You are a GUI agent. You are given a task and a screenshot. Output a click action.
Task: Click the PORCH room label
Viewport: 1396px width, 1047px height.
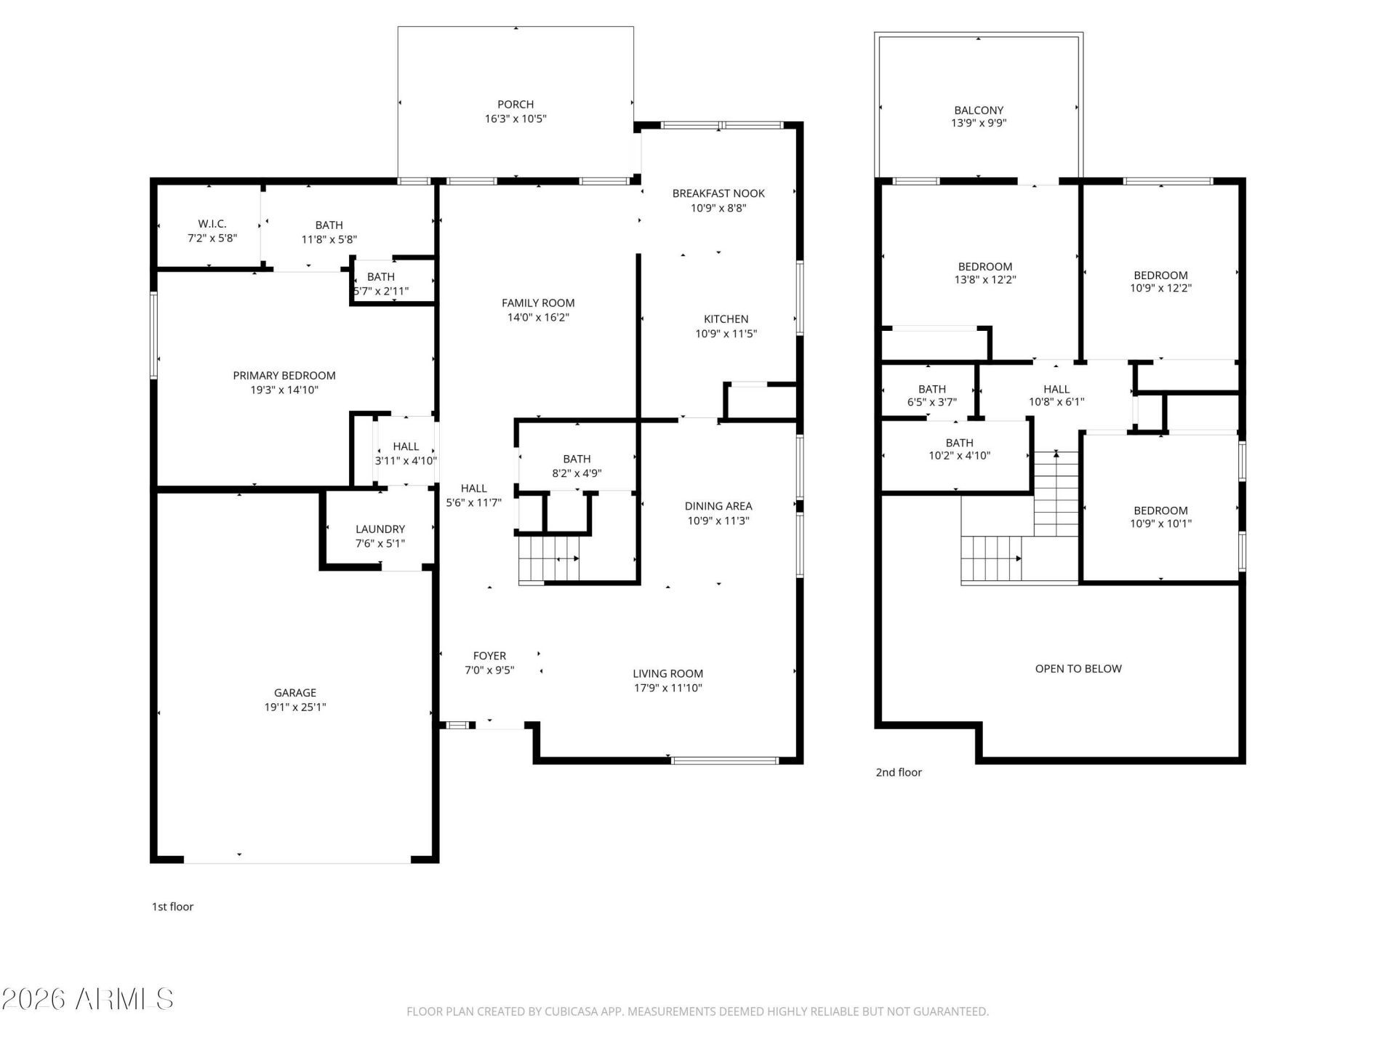coord(516,104)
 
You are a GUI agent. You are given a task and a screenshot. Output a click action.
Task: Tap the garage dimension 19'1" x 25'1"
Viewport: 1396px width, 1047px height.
coord(295,707)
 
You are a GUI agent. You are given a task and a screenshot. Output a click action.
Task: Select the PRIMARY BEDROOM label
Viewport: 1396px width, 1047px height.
coord(284,375)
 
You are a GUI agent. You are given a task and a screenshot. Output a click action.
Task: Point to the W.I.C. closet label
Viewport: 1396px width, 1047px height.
coord(212,224)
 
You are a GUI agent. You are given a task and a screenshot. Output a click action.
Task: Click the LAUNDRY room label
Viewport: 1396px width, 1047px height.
coord(380,529)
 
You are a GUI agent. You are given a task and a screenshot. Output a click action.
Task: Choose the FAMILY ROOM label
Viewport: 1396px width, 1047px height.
coord(538,302)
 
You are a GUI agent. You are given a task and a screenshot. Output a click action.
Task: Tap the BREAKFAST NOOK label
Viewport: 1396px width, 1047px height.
coord(718,193)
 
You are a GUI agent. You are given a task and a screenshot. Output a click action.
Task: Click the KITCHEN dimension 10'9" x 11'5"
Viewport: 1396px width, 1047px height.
coord(726,334)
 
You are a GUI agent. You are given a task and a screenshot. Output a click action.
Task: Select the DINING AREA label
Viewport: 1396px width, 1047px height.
coord(718,506)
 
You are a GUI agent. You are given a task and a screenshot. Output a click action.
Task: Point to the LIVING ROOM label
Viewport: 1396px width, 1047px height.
coord(668,673)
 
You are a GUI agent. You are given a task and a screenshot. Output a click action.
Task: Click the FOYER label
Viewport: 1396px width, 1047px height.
coord(489,656)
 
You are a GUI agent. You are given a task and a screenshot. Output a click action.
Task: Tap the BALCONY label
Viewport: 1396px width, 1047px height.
coord(979,111)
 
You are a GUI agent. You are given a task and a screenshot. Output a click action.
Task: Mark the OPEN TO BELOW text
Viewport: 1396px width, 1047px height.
coord(1078,669)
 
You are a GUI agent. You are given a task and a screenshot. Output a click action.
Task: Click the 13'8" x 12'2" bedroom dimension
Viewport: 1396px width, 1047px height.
coord(985,279)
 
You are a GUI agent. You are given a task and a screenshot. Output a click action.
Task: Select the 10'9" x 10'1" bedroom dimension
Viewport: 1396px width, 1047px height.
coord(1160,523)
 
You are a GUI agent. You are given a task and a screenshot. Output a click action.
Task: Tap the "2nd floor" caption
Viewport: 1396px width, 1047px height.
coord(899,772)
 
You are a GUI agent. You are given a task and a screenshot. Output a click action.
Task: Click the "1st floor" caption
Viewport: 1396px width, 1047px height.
coord(172,907)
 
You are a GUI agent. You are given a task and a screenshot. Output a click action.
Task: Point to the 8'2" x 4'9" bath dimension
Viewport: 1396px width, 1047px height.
coord(577,473)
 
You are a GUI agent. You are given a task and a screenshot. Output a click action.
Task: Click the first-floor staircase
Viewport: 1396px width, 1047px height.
coord(549,559)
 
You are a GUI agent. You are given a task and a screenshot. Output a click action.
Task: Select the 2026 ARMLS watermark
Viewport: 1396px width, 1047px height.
coord(88,999)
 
